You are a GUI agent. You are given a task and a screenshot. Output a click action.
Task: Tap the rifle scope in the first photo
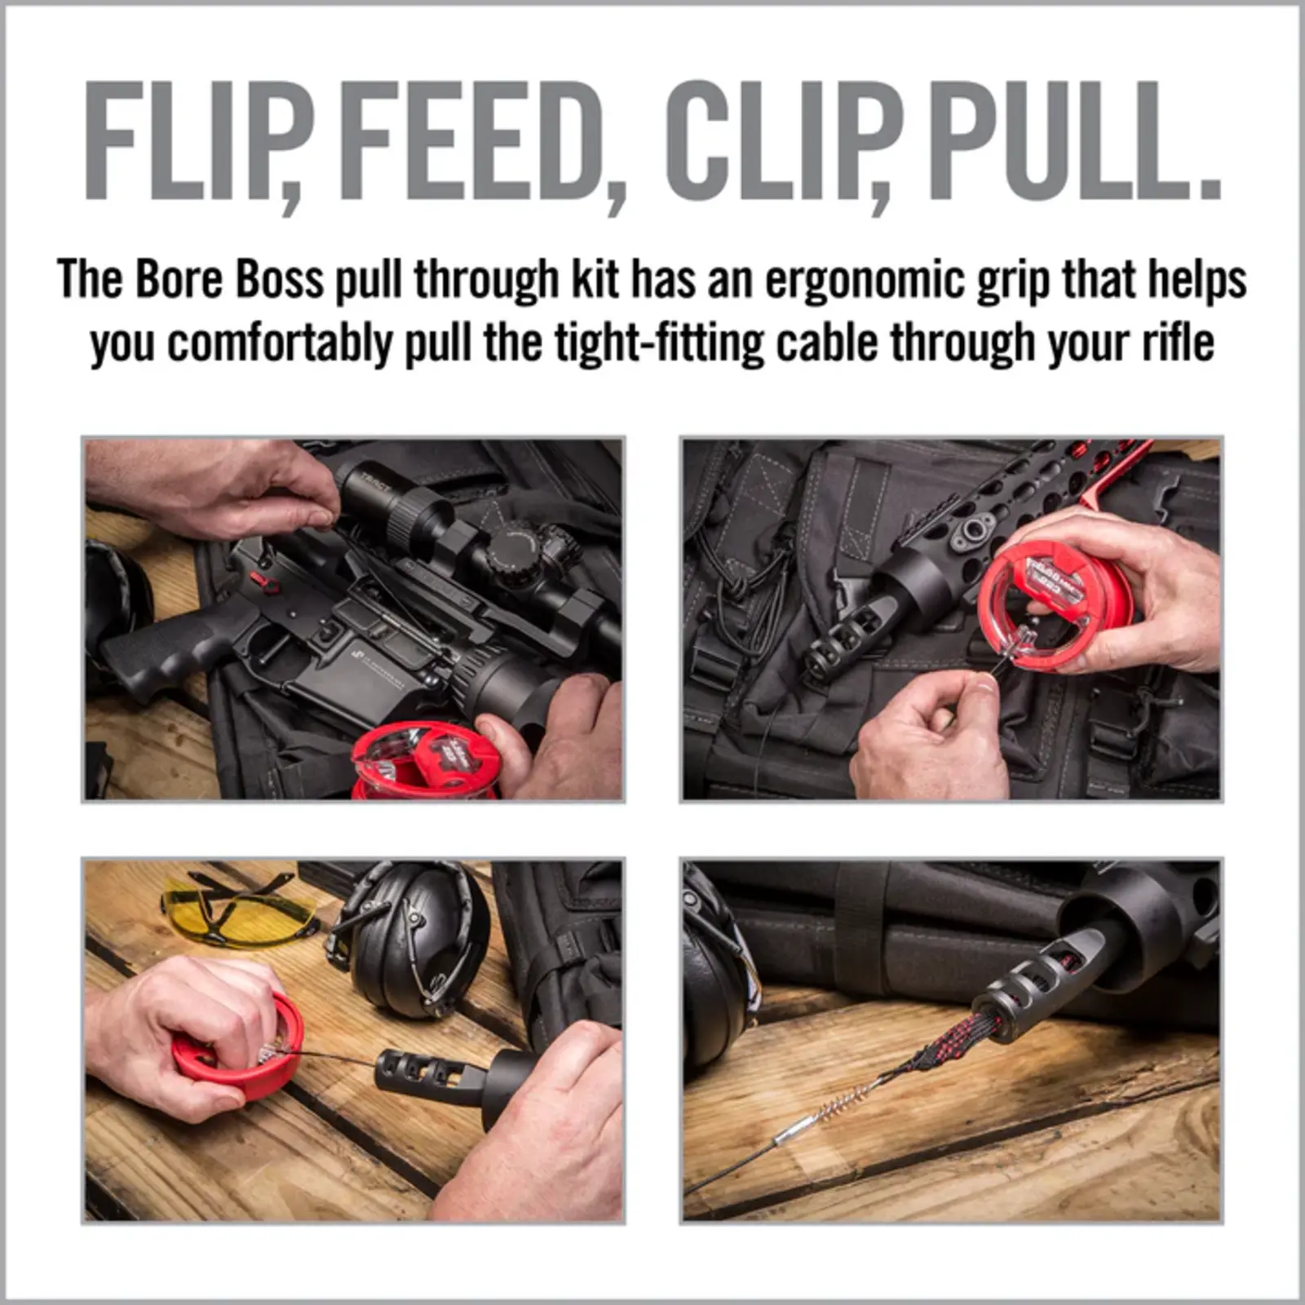(457, 530)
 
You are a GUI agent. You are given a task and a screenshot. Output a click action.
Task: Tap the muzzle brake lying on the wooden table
(424, 1077)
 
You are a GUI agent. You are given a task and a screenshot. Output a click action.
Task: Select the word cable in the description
(825, 343)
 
